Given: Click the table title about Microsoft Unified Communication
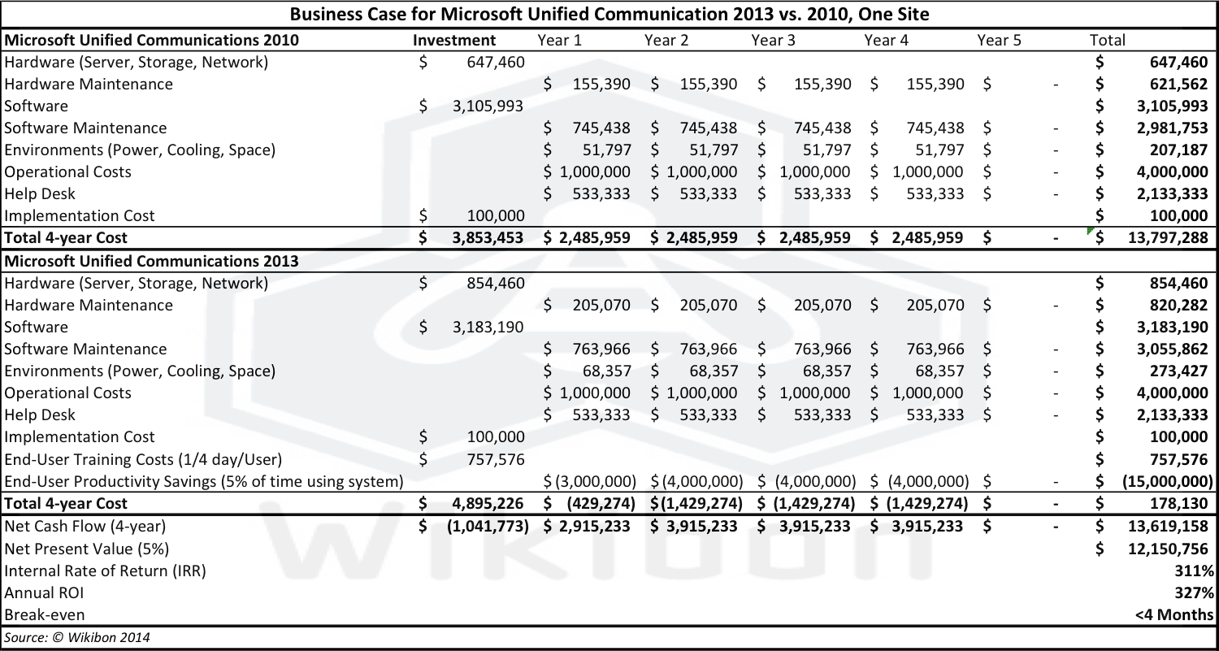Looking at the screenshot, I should pyautogui.click(x=609, y=15).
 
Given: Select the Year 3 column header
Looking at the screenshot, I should pyautogui.click(x=773, y=40).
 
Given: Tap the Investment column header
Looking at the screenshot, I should pyautogui.click(x=454, y=40).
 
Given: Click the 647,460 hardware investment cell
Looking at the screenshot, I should pyautogui.click(x=495, y=62).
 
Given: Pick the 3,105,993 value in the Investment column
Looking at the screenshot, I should pyautogui.click(x=487, y=106).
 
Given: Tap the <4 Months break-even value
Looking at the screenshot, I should pyautogui.click(x=1174, y=614).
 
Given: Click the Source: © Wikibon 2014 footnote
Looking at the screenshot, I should pyautogui.click(x=76, y=637).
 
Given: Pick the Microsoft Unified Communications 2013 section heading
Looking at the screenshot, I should pyautogui.click(x=151, y=261).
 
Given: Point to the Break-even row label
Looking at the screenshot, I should pyautogui.click(x=44, y=614).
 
